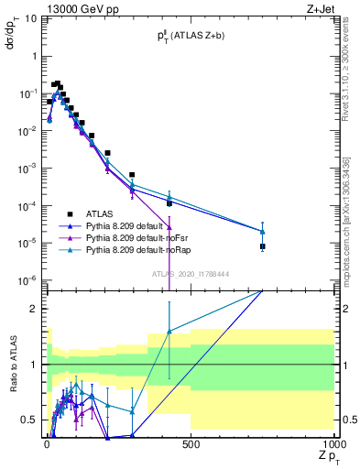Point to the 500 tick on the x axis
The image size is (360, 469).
(191, 445)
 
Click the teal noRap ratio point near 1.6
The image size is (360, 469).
(169, 332)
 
